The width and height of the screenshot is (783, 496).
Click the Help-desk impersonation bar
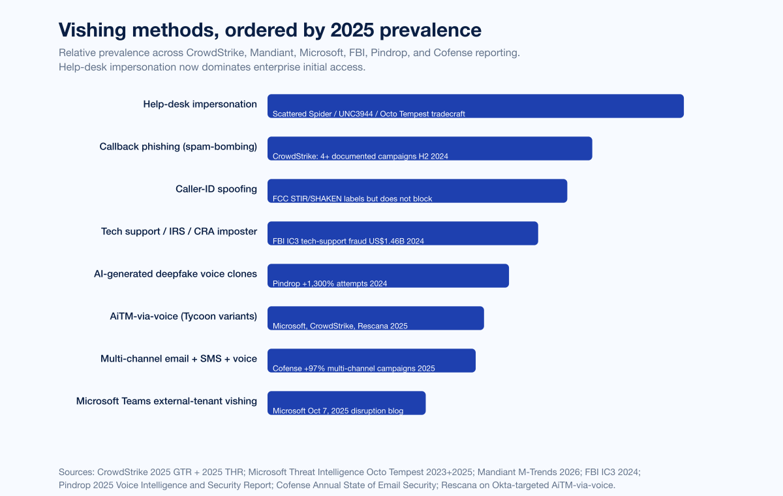tap(476, 106)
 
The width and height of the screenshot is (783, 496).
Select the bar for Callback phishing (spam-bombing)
tap(429, 149)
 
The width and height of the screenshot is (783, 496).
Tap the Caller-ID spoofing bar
tap(417, 191)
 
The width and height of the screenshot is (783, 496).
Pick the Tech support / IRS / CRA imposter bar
tap(403, 233)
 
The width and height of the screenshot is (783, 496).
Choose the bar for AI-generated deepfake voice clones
tap(388, 276)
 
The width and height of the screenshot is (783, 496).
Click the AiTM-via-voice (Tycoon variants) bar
tap(375, 318)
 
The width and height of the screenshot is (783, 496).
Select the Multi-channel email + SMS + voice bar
tap(371, 360)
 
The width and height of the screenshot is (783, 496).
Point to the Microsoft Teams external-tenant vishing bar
tap(346, 403)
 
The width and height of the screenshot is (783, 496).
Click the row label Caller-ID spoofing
tap(216, 189)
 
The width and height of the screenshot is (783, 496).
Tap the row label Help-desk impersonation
tap(200, 104)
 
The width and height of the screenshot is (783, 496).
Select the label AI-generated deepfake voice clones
tap(175, 273)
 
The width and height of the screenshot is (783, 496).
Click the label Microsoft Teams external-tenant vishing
tap(166, 401)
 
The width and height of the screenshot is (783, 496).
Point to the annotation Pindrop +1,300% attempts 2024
tap(330, 283)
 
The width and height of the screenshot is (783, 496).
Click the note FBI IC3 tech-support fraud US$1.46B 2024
tap(348, 241)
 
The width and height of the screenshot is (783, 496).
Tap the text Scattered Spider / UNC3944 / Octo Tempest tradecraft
tap(369, 114)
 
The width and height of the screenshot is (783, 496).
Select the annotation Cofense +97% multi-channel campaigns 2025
tap(354, 369)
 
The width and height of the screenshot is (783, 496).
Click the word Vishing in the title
tap(92, 31)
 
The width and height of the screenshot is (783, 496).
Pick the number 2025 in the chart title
tap(352, 30)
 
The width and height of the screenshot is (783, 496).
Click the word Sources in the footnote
tap(76, 473)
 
